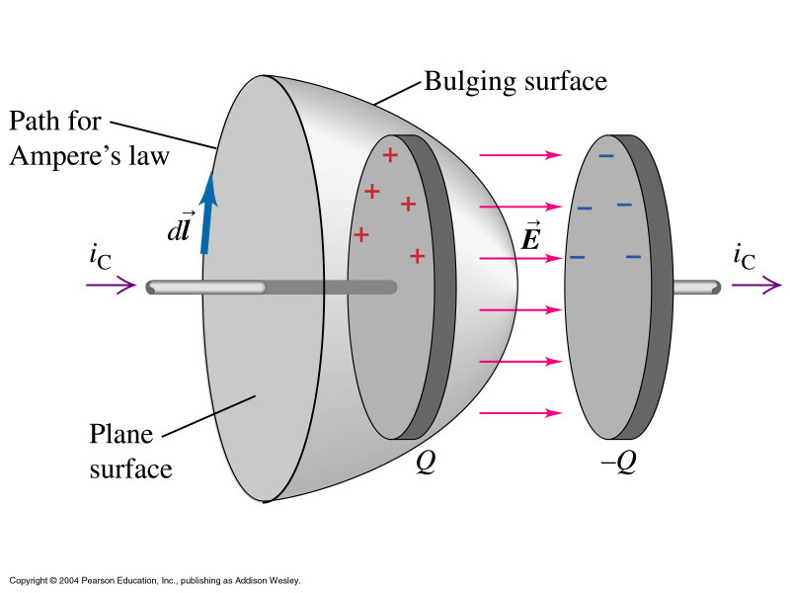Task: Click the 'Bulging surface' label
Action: click(x=514, y=80)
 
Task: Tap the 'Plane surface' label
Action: click(x=130, y=451)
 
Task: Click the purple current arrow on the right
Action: click(x=755, y=287)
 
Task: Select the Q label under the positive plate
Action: click(x=426, y=462)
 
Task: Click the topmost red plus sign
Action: click(x=390, y=154)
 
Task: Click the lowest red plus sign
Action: click(x=417, y=256)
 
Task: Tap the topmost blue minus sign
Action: click(x=606, y=155)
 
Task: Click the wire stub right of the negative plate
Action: click(x=695, y=287)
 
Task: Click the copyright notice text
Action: click(x=154, y=579)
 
